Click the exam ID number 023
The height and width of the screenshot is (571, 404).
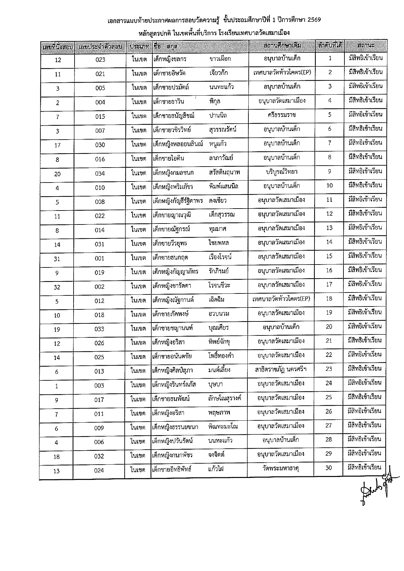tap(100, 60)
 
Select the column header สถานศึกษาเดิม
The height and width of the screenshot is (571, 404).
tap(282, 46)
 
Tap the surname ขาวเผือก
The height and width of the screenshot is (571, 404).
tap(220, 59)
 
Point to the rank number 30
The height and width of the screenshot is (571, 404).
tap(328, 468)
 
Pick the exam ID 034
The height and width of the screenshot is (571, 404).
tap(100, 173)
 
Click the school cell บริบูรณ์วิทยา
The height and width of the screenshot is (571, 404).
tap(282, 171)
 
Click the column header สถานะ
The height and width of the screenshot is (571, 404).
tap(365, 46)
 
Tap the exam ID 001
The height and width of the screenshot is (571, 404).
tap(100, 258)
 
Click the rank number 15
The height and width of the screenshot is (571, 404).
tap(329, 256)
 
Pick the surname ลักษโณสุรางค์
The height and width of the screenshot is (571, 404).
tap(224, 398)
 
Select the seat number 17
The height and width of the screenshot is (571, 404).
tap(57, 145)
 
